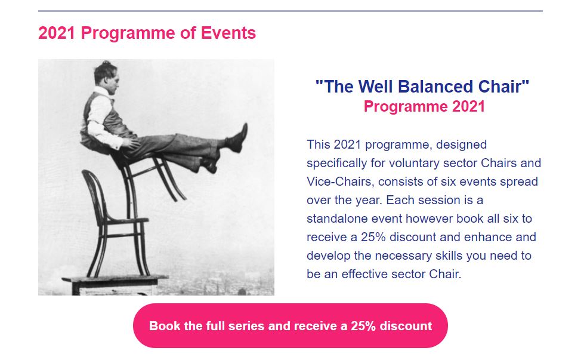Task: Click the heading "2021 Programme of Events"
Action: (147, 33)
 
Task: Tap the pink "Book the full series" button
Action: (290, 326)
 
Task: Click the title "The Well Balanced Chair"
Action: (422, 87)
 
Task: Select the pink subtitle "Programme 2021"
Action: (424, 107)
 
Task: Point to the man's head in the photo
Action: (104, 73)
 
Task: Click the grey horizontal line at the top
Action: (290, 11)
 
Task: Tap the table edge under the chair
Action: (113, 279)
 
